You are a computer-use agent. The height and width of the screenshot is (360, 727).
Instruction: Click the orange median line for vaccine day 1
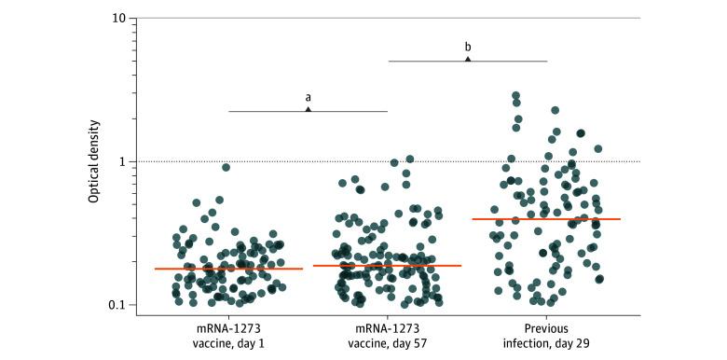[228, 269]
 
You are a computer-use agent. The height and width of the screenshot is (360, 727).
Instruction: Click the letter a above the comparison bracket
[308, 96]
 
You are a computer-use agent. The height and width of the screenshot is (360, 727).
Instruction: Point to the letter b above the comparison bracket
[468, 46]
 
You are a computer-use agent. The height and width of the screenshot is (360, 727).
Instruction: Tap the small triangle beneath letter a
[308, 109]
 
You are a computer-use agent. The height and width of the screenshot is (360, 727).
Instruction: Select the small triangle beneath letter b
[468, 59]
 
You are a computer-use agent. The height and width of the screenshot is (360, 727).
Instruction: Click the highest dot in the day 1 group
[226, 167]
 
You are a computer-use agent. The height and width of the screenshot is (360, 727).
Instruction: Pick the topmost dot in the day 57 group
[409, 159]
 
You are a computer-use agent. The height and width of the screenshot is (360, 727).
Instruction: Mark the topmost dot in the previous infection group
[515, 96]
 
